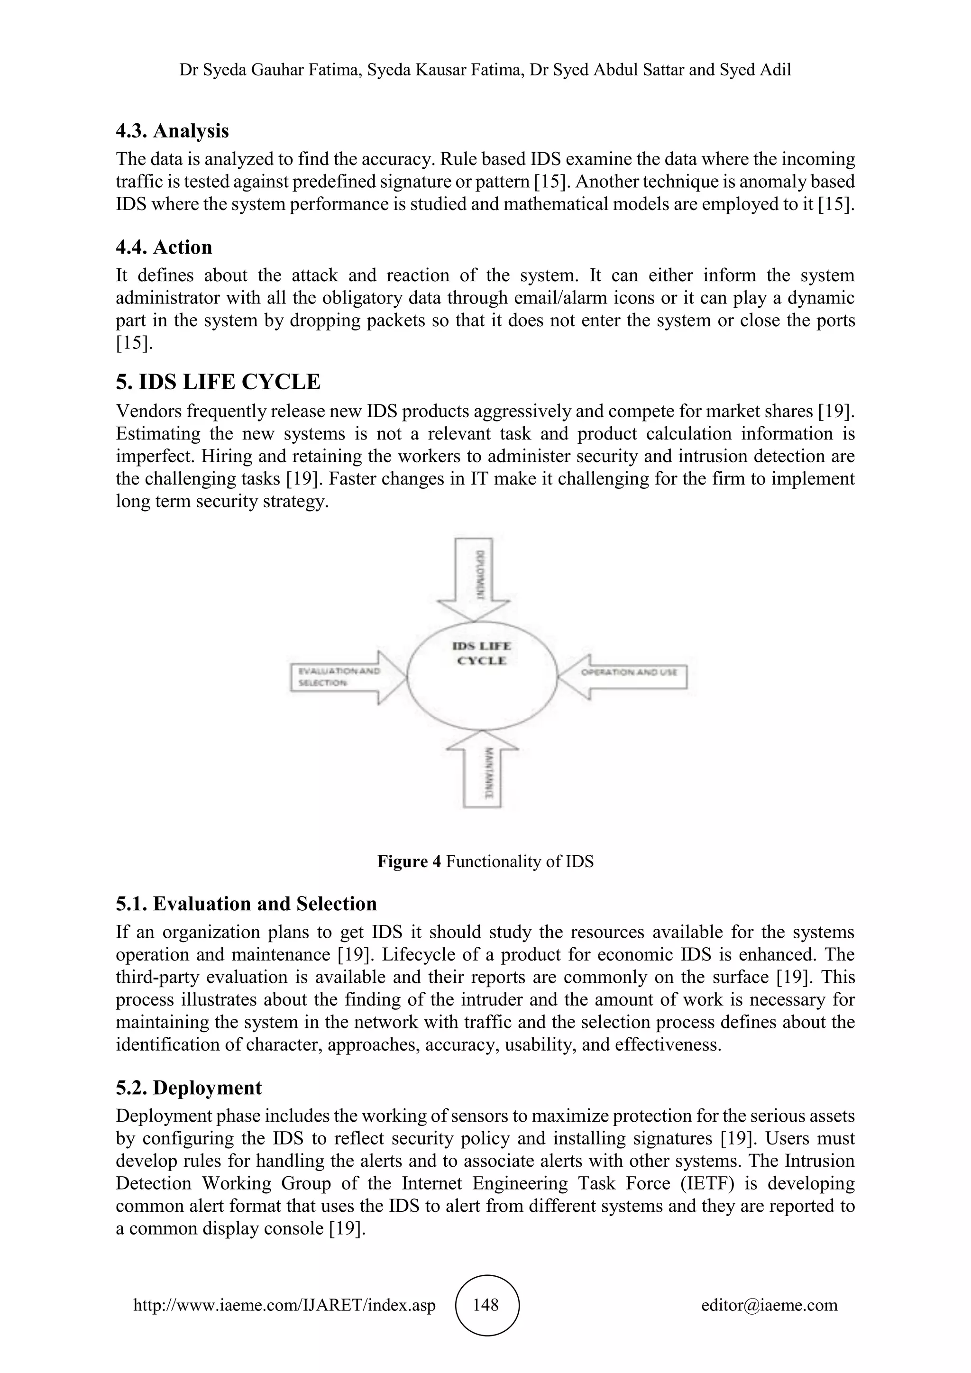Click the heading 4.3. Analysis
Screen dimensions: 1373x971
click(172, 131)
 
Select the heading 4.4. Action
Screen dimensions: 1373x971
click(164, 247)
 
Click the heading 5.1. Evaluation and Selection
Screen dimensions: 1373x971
click(247, 904)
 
